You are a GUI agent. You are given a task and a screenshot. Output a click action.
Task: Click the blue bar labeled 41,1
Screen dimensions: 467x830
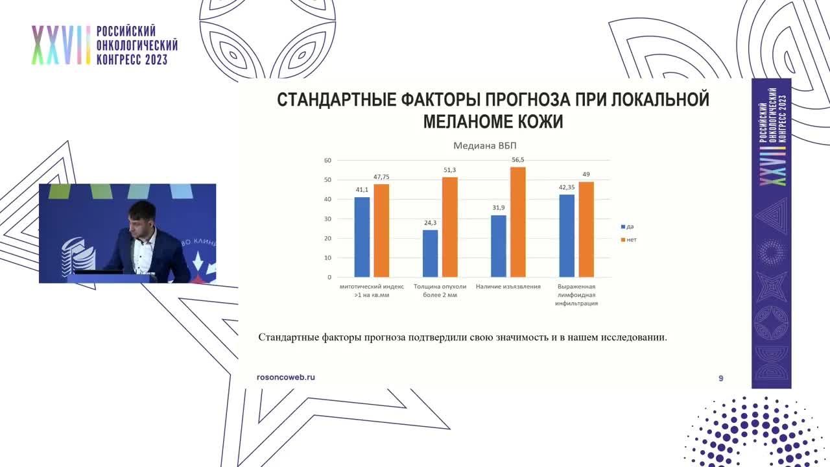click(x=362, y=237)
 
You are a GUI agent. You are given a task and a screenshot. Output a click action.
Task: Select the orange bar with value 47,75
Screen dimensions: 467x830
click(x=381, y=230)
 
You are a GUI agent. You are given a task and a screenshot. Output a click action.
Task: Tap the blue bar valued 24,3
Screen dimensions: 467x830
click(x=430, y=253)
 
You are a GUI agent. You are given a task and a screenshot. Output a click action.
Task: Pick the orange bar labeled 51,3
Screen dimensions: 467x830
click(x=449, y=227)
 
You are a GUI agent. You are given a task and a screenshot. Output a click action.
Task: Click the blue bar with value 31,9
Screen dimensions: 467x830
click(x=499, y=246)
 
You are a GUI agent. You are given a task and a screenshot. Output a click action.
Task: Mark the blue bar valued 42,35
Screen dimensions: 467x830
click(x=567, y=235)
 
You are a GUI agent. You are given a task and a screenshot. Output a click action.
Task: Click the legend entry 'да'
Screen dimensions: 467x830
click(x=627, y=226)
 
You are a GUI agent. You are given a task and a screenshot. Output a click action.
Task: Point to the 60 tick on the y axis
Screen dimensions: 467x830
click(x=327, y=160)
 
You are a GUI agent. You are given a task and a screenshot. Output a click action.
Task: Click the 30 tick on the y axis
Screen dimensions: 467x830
click(x=327, y=219)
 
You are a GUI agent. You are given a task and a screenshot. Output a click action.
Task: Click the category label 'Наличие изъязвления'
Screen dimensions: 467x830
click(x=508, y=286)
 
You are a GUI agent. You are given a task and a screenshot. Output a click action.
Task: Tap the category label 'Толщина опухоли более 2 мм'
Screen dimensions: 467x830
click(x=440, y=290)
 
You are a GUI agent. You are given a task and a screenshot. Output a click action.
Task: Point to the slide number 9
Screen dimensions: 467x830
click(x=720, y=378)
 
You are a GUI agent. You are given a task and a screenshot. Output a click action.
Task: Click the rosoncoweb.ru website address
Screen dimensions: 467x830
click(x=286, y=377)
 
